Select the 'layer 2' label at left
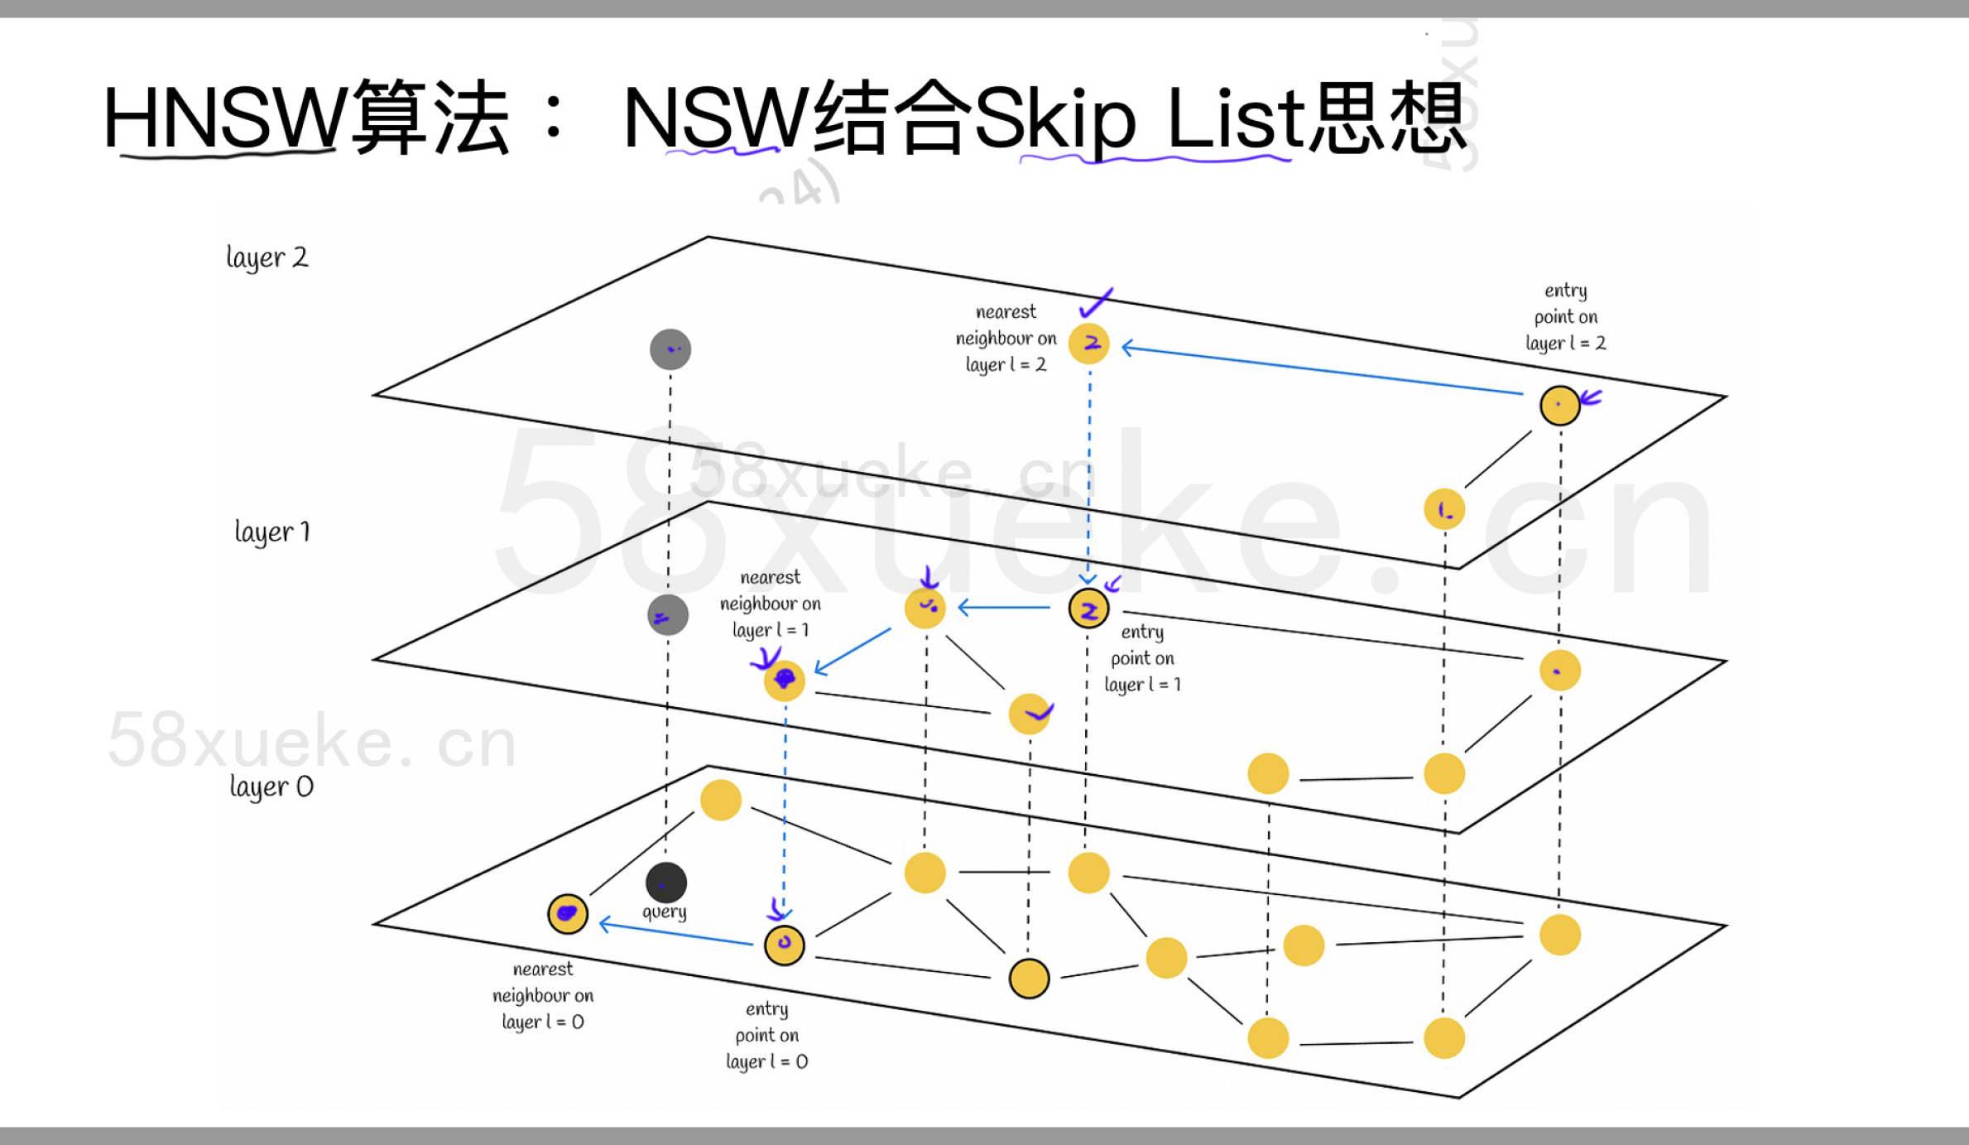267,257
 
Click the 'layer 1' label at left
271,532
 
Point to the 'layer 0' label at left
271,787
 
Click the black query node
666,883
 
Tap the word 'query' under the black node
665,912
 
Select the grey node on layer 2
670,349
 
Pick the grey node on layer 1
668,615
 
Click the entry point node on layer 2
1560,406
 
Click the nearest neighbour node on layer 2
1089,344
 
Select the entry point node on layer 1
1088,609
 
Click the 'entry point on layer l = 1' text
1142,658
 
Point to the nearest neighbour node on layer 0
568,914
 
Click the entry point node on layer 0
785,945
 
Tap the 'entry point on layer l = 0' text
766,1035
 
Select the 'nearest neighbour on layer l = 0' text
543,995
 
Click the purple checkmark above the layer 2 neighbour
1097,303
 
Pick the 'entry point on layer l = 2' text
1565,317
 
